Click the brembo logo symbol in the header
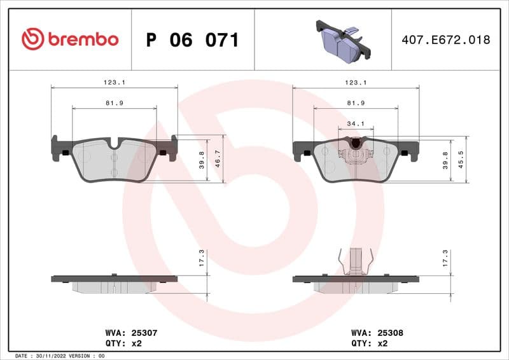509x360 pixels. [x=32, y=39]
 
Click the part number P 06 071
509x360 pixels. [x=192, y=40]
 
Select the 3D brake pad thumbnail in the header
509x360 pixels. [x=343, y=39]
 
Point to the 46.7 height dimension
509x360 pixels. [x=218, y=160]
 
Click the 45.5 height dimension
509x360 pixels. [x=461, y=160]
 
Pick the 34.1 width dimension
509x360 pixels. [x=356, y=123]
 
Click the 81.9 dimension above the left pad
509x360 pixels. [x=115, y=102]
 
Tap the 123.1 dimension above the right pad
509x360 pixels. [x=356, y=82]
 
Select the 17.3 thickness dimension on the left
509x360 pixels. [x=202, y=257]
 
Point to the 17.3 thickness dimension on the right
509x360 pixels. [x=445, y=257]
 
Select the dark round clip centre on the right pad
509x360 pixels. [x=356, y=144]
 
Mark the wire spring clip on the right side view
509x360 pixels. [x=356, y=260]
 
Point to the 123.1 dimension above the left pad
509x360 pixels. [x=115, y=82]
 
